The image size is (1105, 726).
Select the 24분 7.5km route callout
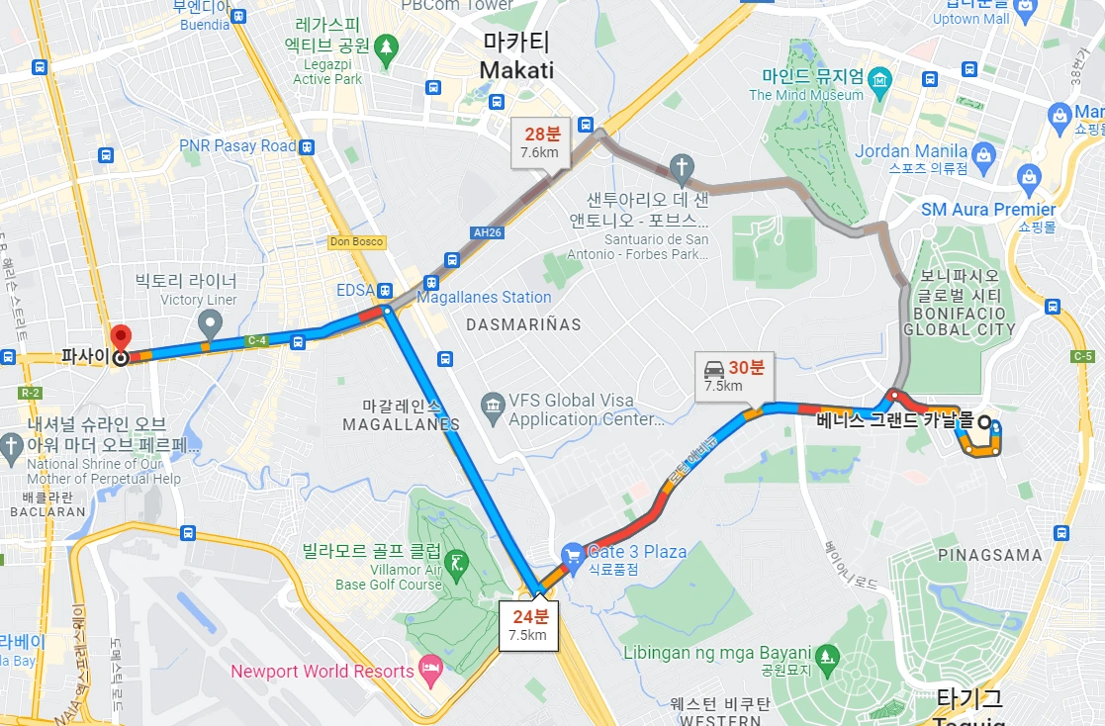pos(528,625)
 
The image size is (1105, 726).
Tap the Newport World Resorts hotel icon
pos(430,672)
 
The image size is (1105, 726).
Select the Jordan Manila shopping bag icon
pos(983,152)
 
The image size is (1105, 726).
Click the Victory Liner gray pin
pos(210,321)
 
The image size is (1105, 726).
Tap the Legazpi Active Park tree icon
pos(386,45)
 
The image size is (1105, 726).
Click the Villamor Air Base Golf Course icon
pos(455,563)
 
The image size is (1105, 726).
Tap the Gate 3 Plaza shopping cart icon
pos(572,554)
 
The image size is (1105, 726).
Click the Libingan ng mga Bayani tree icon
pos(827,655)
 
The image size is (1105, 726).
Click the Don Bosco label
pos(356,242)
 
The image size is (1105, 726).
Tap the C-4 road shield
pos(257,341)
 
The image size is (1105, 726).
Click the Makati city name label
pos(515,55)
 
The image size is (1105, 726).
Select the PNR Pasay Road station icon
pos(308,146)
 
